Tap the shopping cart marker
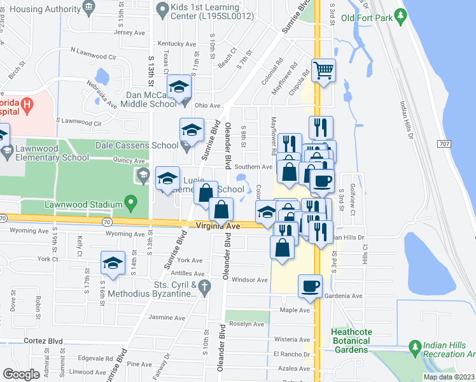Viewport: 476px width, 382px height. point(323,70)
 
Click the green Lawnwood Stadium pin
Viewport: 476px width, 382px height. point(131,204)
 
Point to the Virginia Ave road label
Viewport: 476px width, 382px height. point(218,226)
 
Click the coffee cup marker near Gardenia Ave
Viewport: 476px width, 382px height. point(310,286)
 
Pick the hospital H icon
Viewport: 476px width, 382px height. point(26,103)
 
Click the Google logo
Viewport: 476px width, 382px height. point(21,374)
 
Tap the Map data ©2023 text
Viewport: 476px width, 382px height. point(449,377)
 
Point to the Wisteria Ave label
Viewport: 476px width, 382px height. point(291,339)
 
